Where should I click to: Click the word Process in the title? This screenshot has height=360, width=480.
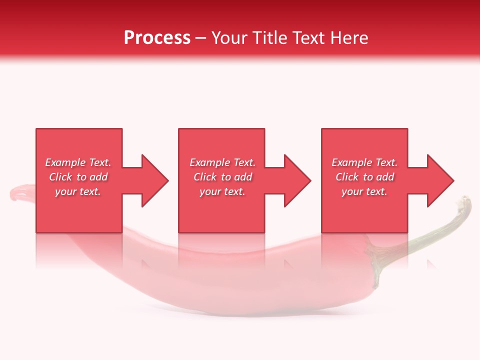coord(157,38)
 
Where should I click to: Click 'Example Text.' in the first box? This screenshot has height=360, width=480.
coord(78,162)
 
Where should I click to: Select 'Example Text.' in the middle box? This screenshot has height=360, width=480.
coord(222,162)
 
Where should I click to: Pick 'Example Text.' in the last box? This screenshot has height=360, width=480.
coord(364,162)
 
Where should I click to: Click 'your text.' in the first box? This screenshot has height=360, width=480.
coord(78,191)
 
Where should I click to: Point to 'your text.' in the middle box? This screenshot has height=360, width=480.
coord(222,191)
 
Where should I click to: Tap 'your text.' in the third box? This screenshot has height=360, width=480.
coord(364,191)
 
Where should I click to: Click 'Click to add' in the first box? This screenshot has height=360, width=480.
coord(78,177)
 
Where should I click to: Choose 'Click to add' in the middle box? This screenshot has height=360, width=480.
coord(222,177)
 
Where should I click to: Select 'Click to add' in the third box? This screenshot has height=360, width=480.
coord(364,177)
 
